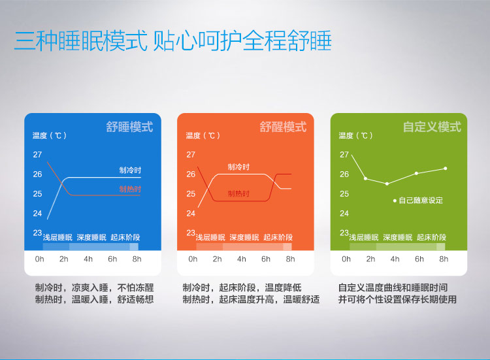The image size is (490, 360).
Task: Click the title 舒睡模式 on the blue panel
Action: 129,127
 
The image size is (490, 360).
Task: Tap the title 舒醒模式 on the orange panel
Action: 283,127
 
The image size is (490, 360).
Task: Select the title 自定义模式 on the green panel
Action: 432,127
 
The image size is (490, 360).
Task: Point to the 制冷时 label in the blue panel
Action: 130,170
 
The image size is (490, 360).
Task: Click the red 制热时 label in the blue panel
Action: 130,189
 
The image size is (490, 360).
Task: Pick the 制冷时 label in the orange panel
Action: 238,167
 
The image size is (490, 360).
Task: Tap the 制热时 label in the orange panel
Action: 238,194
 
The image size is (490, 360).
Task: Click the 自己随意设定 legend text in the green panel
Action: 421,201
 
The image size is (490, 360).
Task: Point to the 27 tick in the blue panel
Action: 37,155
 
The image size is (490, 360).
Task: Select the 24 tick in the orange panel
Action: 190,213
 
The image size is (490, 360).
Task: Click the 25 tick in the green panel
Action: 344,194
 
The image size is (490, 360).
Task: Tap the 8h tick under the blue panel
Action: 137,259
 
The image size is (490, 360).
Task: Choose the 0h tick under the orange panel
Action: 193,259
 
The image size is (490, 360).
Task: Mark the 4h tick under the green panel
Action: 395,259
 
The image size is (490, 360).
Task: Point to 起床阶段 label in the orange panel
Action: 278,237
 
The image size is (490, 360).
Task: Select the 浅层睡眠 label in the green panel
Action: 363,237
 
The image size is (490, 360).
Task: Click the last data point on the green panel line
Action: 445,169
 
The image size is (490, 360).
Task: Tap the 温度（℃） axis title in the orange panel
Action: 203,136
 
